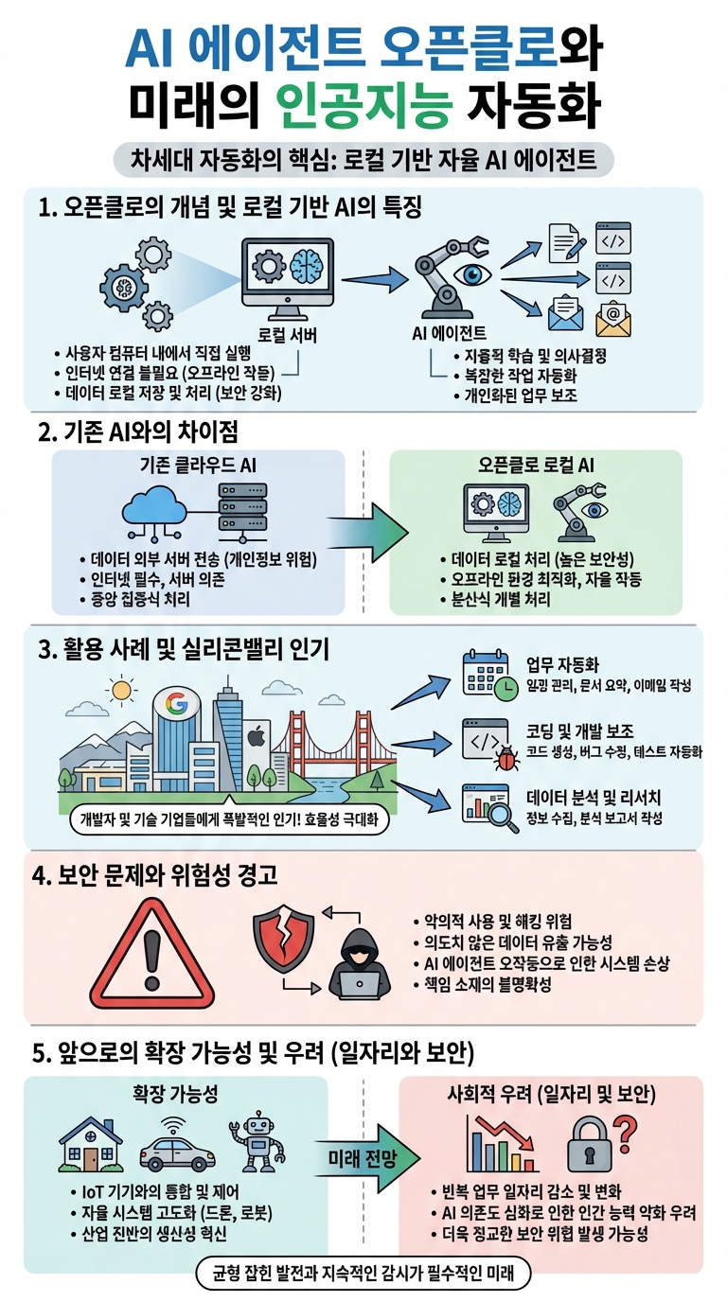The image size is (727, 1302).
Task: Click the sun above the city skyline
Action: pos(120,690)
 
